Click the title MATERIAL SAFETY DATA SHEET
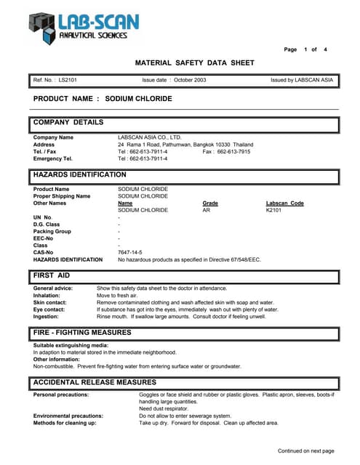pyautogui.click(x=191, y=63)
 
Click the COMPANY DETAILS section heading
pyautogui.click(x=68, y=122)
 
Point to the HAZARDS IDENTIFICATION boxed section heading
pyautogui.click(x=79, y=175)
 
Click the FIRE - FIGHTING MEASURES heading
pyautogui.click(x=82, y=332)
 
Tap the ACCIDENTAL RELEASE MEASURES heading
pyautogui.click(x=95, y=382)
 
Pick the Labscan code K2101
pyautogui.click(x=274, y=210)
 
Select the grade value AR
pyautogui.click(x=206, y=210)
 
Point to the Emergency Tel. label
pyautogui.click(x=53, y=158)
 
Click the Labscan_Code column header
pyautogui.click(x=285, y=203)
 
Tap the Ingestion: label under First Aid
pyautogui.click(x=47, y=316)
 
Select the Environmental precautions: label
pyautogui.click(x=68, y=416)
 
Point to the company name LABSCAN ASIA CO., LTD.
pyautogui.click(x=150, y=137)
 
